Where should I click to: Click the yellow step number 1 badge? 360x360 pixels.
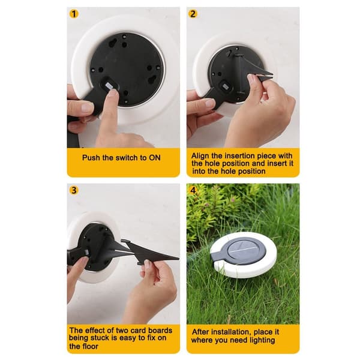pos(74,14)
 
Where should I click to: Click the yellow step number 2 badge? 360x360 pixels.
pos(193,14)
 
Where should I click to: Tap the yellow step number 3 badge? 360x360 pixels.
pos(74,190)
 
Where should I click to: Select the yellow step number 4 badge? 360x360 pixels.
pos(193,190)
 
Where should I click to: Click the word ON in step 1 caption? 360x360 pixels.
pos(155,158)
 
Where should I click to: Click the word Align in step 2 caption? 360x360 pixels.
pos(200,156)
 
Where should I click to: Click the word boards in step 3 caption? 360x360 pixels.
pos(160,331)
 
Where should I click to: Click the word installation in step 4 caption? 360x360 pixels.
pos(228,332)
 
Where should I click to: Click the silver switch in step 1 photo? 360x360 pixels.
pos(109,86)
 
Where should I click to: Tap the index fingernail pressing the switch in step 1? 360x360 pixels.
pos(113,92)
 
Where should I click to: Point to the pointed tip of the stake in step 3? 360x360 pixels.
pos(178,259)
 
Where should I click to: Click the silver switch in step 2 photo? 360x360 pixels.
pos(224,87)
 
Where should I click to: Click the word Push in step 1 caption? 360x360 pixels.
pos(91,158)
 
